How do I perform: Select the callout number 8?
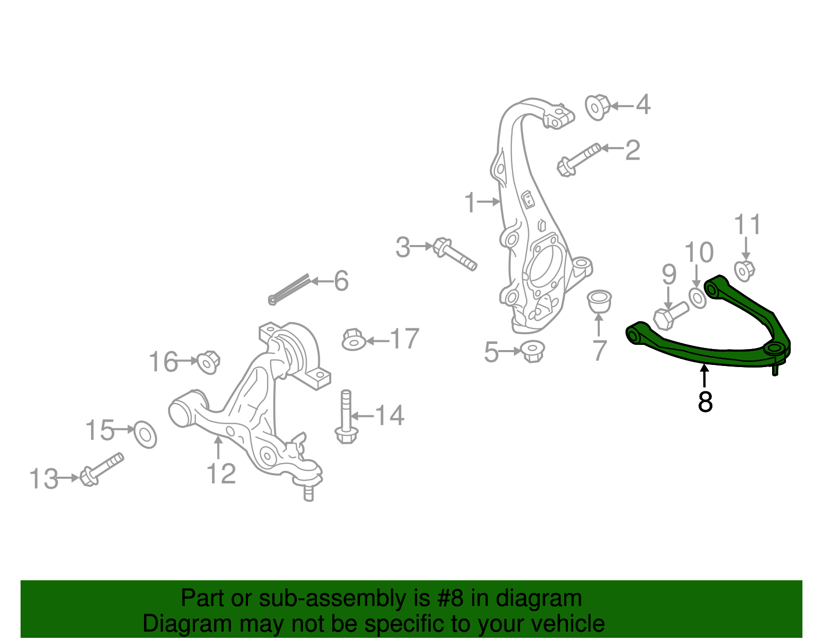point(705,402)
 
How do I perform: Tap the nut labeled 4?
point(597,107)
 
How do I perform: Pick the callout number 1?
point(470,203)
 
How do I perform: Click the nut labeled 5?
point(532,352)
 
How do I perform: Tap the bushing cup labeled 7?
point(599,301)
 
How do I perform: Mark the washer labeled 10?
point(697,298)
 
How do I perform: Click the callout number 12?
point(221,474)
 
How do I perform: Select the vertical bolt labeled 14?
point(346,417)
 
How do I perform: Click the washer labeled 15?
point(145,435)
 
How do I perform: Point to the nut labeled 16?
point(208,361)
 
